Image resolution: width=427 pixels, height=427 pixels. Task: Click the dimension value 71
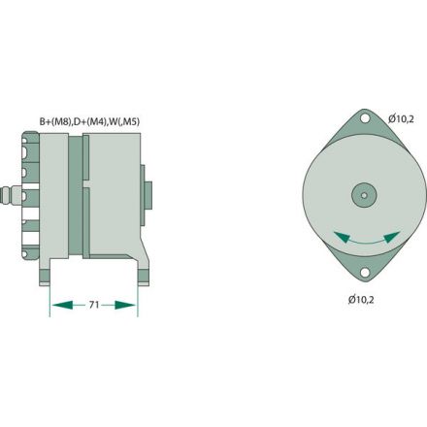92,305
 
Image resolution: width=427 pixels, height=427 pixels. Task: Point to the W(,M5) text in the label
130,121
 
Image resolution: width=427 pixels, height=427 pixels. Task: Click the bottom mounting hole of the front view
365,273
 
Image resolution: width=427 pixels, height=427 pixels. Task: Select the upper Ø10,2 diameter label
401,118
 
